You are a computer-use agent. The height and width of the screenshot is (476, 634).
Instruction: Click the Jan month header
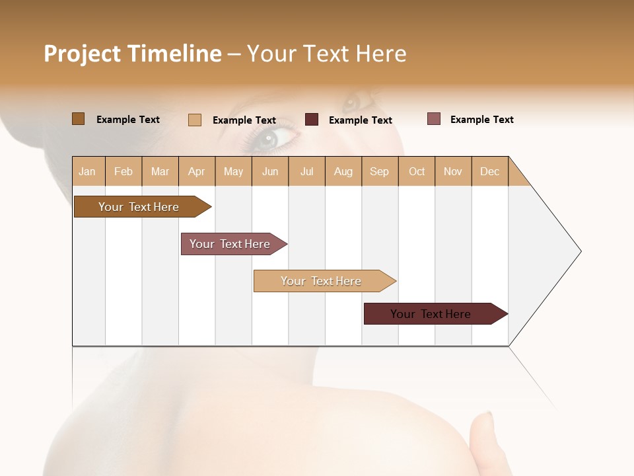(x=88, y=171)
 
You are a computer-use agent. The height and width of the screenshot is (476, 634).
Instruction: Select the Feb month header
(x=123, y=171)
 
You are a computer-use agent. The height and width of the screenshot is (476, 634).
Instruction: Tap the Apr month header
(x=197, y=171)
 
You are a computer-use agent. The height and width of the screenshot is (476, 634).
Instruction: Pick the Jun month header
(x=270, y=171)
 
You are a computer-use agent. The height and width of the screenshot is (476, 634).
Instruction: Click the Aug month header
(x=343, y=171)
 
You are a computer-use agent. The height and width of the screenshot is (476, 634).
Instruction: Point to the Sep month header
(x=380, y=171)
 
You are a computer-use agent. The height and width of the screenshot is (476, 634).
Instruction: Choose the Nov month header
(x=453, y=171)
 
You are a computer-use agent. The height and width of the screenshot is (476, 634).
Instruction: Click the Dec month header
(x=490, y=171)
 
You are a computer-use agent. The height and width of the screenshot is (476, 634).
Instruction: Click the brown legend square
(x=79, y=119)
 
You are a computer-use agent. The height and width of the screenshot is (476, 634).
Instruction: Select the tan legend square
(x=195, y=120)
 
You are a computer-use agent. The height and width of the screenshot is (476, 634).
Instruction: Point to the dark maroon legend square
(x=312, y=120)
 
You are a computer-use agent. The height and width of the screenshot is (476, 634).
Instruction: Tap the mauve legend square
(x=434, y=119)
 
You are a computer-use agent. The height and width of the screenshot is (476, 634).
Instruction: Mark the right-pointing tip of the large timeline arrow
(x=580, y=251)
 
